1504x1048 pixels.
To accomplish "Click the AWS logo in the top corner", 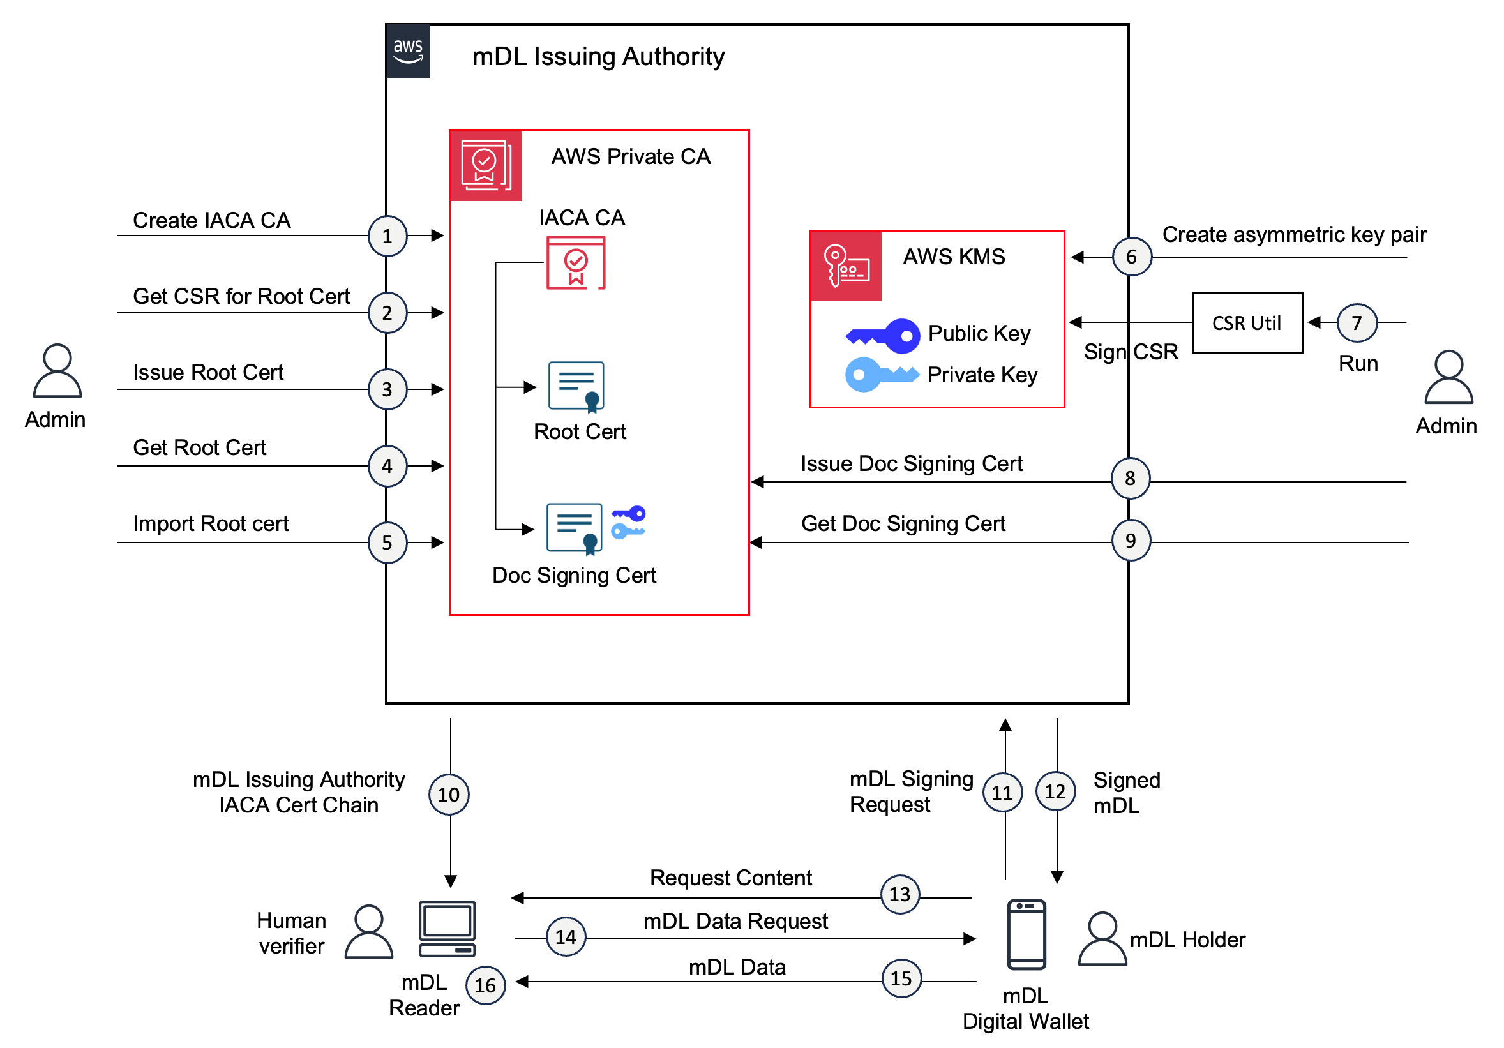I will point(407,51).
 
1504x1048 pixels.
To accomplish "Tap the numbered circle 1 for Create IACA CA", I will point(387,236).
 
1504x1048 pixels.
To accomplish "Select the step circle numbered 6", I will point(1131,257).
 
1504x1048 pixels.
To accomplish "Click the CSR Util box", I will point(1247,323).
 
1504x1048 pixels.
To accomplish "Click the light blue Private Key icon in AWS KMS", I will point(880,375).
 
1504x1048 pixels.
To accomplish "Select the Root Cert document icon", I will point(576,386).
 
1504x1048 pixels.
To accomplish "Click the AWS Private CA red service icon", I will point(485,165).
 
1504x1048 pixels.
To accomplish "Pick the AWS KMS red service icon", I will point(846,266).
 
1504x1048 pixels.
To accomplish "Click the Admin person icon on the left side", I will point(57,371).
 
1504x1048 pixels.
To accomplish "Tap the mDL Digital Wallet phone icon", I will point(1026,934).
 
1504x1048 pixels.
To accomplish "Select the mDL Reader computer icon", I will point(447,929).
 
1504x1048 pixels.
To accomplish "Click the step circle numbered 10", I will point(449,795).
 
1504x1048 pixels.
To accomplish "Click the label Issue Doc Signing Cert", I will point(910,464).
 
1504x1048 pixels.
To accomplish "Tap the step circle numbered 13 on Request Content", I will point(900,894).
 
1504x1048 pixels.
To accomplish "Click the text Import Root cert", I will point(210,523).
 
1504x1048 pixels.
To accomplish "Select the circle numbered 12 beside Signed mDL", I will point(1055,791).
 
